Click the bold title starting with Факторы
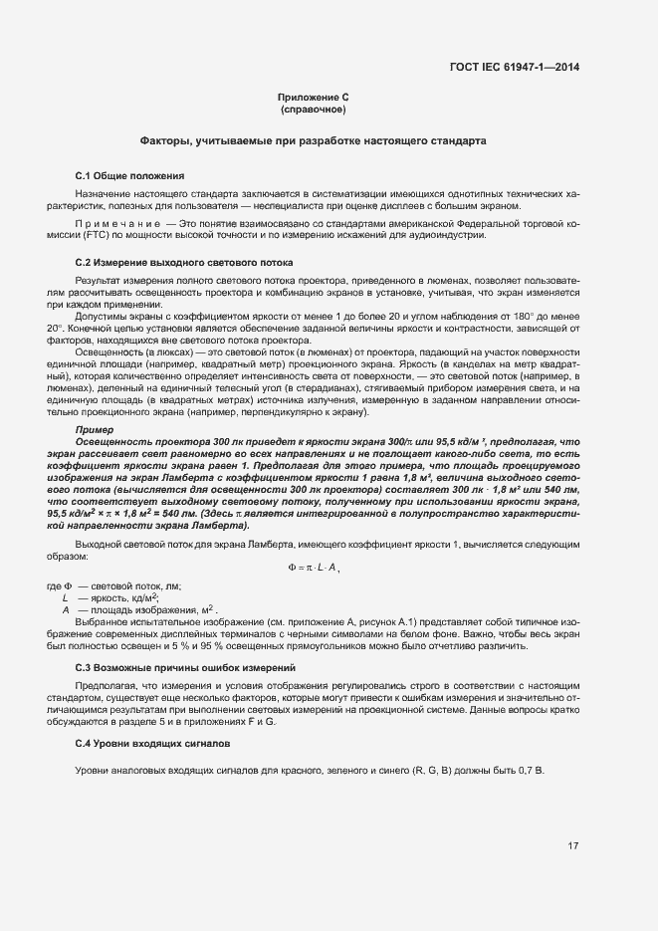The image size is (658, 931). click(313, 141)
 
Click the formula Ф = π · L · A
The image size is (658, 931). click(313, 567)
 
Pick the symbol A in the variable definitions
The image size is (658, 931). click(66, 608)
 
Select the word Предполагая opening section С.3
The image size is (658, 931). click(109, 686)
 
